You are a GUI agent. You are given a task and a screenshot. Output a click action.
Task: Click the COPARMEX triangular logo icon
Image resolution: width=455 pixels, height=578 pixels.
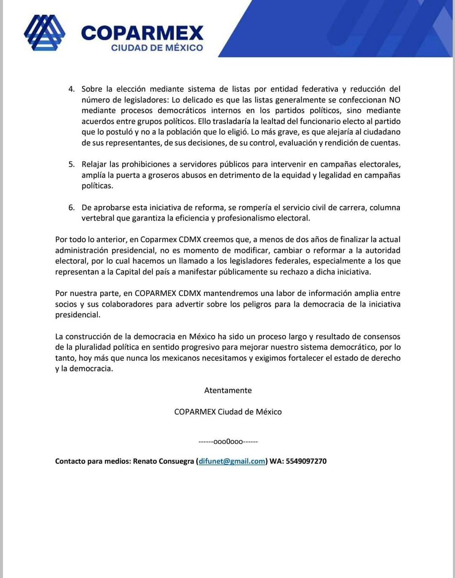tap(44, 33)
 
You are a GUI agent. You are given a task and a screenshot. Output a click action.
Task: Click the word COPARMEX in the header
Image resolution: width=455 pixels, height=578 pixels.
tap(142, 33)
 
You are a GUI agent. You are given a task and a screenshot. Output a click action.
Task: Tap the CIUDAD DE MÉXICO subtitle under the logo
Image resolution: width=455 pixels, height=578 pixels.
tap(157, 47)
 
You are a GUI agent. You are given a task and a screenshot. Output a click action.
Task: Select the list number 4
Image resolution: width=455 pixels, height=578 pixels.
tap(71, 89)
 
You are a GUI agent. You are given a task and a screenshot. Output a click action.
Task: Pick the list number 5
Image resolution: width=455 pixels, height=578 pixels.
tap(71, 164)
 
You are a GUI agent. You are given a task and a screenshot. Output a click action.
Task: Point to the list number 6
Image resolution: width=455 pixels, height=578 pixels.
tap(71, 207)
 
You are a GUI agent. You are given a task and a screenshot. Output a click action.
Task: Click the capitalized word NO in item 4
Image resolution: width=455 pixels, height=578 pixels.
tap(394, 100)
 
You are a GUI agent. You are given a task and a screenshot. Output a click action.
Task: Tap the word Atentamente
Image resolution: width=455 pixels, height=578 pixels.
tap(228, 390)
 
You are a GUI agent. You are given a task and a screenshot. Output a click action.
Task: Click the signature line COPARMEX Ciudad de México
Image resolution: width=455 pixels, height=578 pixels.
tap(228, 412)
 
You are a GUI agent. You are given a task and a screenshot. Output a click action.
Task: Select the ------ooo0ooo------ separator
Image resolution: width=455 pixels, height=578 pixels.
tap(228, 441)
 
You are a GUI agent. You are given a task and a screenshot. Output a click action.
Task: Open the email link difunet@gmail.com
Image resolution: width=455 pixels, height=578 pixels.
tap(232, 461)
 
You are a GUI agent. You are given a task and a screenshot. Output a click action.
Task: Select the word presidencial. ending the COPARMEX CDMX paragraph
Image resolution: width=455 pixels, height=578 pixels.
tap(77, 315)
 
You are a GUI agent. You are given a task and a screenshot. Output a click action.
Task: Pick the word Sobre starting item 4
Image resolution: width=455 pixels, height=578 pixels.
tap(92, 89)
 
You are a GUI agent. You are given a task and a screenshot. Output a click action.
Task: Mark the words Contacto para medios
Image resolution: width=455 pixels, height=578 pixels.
tap(93, 461)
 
